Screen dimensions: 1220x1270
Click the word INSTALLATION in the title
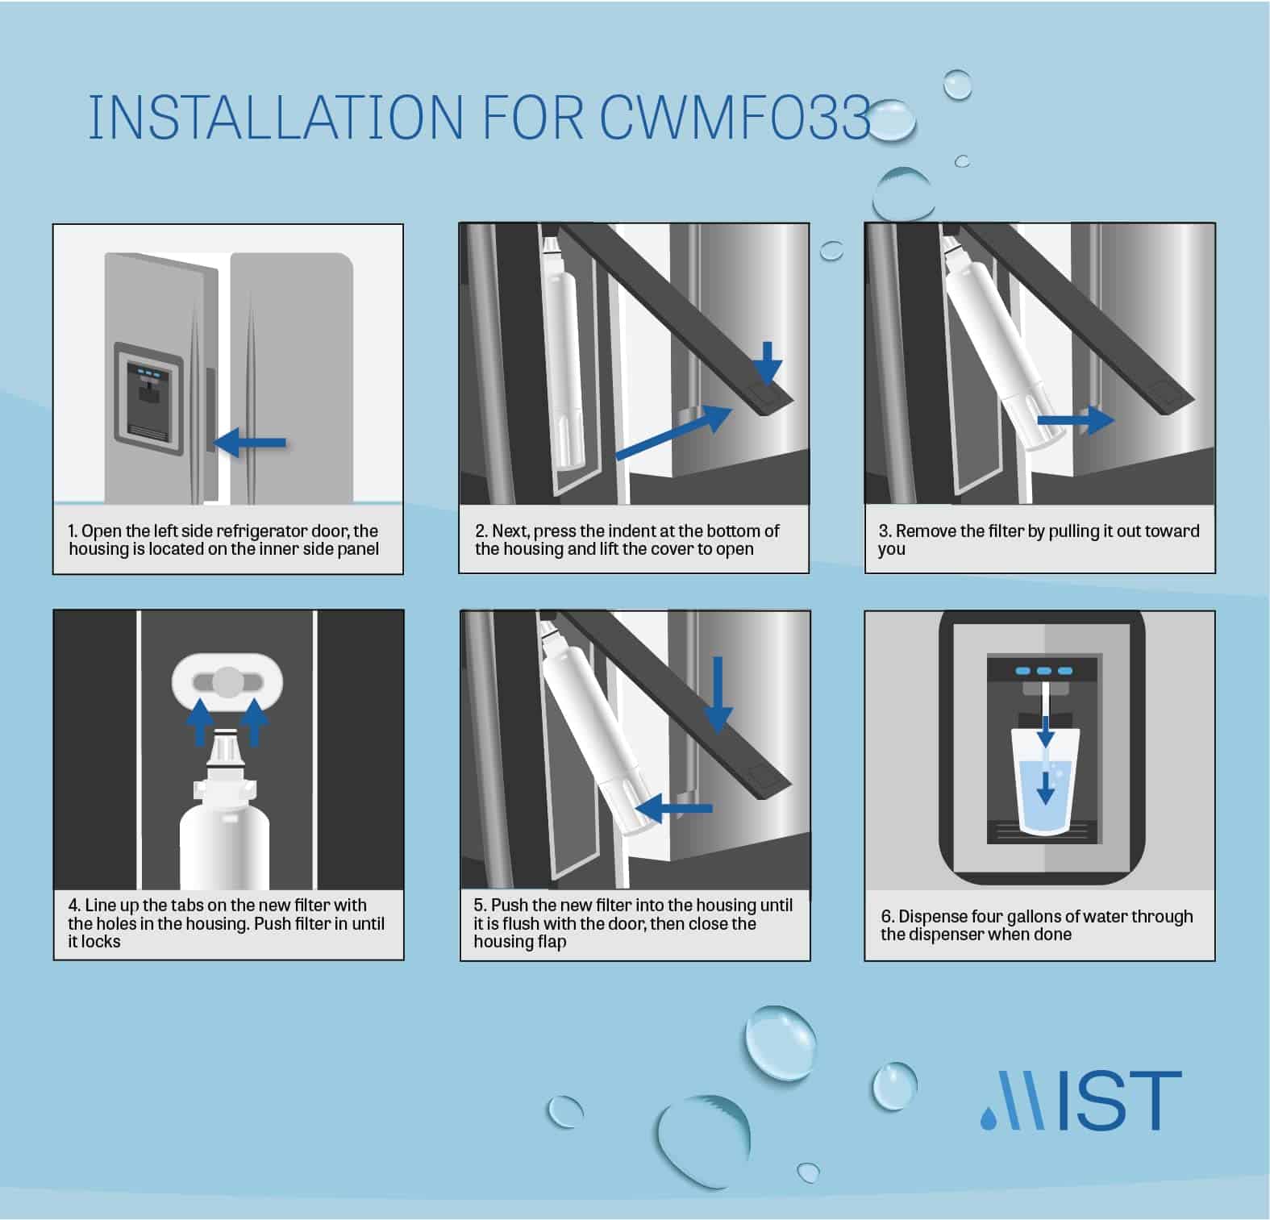[274, 117]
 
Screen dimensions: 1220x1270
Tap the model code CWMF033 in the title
[734, 117]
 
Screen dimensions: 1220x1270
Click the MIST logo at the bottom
[1081, 1100]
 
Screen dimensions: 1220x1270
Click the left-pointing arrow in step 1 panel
[251, 442]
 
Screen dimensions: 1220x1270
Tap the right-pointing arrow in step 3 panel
[1075, 420]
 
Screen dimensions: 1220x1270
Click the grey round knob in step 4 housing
[227, 682]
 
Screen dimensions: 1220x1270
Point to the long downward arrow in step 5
[718, 693]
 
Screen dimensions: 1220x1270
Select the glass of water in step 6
[1045, 782]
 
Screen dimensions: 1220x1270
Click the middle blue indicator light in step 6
[1044, 671]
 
